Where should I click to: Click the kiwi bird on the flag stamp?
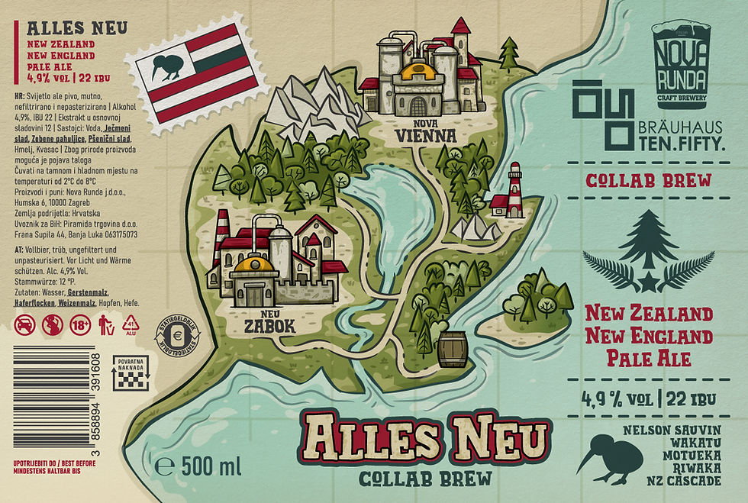click(163, 66)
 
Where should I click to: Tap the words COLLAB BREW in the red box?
click(648, 182)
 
